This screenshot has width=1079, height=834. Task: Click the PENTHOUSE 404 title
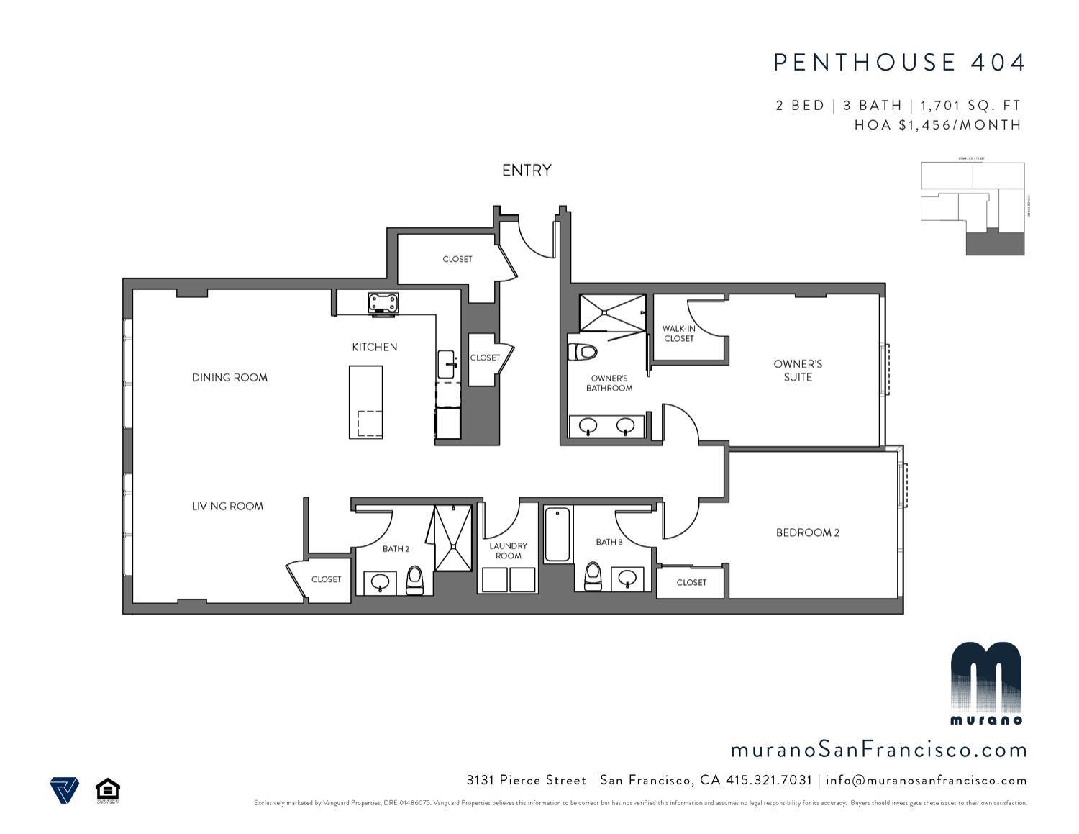[899, 63]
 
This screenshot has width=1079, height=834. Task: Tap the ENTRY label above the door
[527, 170]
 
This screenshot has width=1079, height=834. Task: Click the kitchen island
[365, 402]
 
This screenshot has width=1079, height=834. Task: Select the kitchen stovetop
[383, 303]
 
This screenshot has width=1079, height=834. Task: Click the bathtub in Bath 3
[557, 535]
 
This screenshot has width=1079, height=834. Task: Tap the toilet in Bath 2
[414, 579]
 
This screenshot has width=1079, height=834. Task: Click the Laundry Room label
[508, 550]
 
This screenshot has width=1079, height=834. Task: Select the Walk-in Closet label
[678, 333]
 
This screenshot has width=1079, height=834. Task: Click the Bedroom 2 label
[807, 532]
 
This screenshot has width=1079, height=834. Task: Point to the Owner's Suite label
[798, 370]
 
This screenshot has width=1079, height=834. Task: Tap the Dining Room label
[229, 377]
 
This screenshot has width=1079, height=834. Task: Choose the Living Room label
[227, 506]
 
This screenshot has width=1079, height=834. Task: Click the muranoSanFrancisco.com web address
[878, 750]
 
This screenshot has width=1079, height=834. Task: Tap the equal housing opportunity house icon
[107, 789]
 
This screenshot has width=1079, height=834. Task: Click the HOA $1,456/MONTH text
[937, 124]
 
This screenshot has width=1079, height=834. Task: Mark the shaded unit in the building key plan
[994, 243]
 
